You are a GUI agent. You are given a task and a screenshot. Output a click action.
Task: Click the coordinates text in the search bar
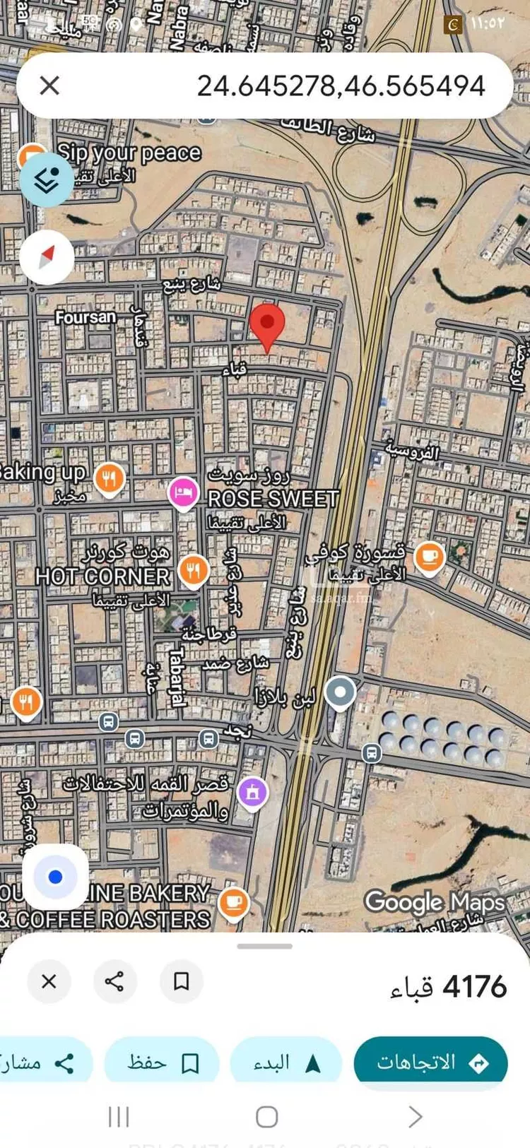point(341,86)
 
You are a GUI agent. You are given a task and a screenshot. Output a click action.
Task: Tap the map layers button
point(46,181)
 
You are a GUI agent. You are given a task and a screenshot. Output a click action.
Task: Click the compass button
point(47,257)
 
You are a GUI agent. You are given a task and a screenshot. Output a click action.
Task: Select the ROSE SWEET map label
point(273,499)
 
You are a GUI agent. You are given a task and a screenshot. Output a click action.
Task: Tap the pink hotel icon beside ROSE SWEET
point(183,492)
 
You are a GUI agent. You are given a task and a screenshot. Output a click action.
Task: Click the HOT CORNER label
point(102,576)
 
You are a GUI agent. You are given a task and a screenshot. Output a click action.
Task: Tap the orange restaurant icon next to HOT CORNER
point(193,569)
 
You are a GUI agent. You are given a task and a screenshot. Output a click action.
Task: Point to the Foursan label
point(86,318)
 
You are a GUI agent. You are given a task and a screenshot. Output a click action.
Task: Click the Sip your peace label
point(129,153)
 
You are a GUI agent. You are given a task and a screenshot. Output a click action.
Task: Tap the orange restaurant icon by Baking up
point(109,479)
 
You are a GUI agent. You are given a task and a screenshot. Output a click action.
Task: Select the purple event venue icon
point(252,792)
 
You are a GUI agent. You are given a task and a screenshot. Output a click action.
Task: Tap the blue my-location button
point(55,877)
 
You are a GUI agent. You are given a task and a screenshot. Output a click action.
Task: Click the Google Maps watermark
point(434,902)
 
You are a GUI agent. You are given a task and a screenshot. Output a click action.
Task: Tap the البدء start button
point(286,1063)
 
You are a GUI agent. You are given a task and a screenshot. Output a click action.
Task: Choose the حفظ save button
point(162,1063)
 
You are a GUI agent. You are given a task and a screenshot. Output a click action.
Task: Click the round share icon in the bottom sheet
point(114,981)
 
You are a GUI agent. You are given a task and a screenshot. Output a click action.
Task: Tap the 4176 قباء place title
point(448,987)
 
